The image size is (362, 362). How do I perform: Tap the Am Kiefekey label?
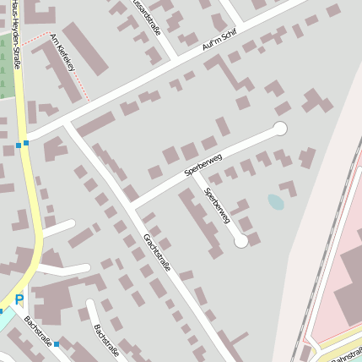tap(62, 52)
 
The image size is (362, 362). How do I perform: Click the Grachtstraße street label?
tap(157, 252)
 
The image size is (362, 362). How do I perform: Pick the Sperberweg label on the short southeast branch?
tap(217, 206)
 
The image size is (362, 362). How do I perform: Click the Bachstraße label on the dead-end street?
tap(106, 340)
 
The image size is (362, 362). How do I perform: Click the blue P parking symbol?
tap(19, 299)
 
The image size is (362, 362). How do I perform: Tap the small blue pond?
tap(275, 201)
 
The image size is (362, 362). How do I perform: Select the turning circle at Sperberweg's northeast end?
tap(280, 129)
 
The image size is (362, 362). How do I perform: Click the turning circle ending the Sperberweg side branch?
tap(241, 241)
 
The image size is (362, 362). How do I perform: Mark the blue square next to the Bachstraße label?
tap(57, 344)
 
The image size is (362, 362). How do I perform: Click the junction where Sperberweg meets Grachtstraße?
tap(135, 206)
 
